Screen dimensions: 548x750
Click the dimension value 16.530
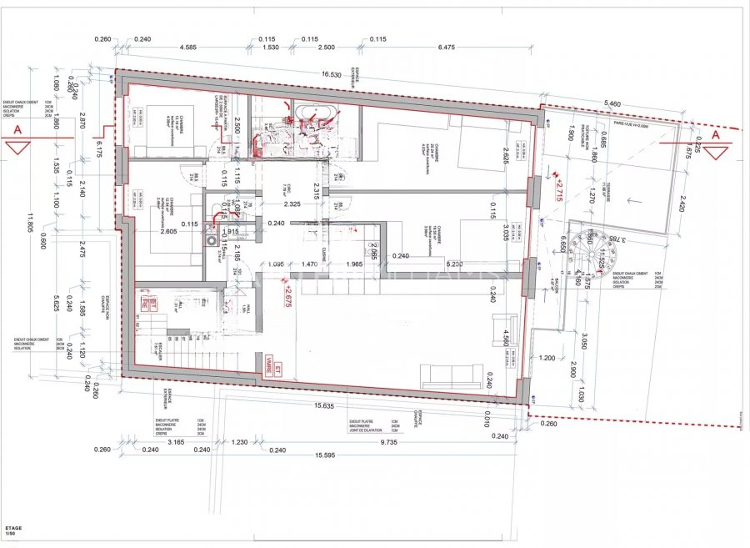(x=333, y=74)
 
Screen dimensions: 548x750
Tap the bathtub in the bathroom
(x=314, y=114)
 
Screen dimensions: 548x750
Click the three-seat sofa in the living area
(x=451, y=376)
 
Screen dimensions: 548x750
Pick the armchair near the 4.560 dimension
(x=506, y=324)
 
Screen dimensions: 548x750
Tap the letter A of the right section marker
(x=715, y=134)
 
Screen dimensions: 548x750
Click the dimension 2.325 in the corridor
(x=292, y=204)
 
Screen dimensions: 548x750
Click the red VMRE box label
(x=267, y=364)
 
